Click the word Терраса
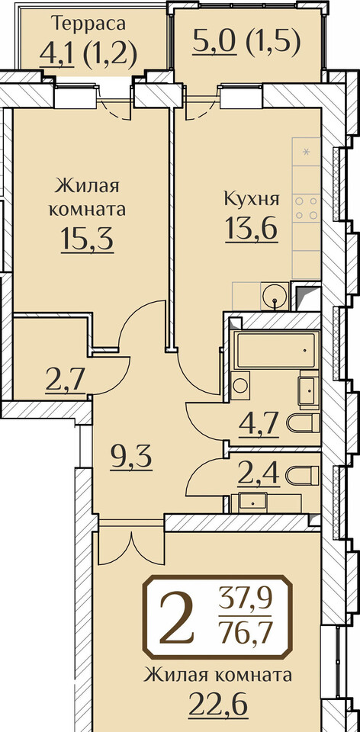point(88,23)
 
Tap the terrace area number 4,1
point(56,53)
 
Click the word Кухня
point(252,200)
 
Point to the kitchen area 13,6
point(252,229)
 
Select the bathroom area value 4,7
point(259,424)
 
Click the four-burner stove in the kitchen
point(307,208)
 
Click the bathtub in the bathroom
point(275,350)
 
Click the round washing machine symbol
point(240,385)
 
